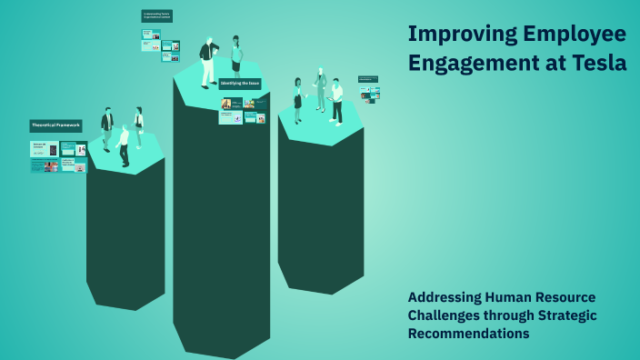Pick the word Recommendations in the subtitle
pos(468,334)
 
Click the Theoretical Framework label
pos(55,125)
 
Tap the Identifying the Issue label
pos(240,84)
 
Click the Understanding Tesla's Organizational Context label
pos(157,15)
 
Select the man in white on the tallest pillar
pos(208,62)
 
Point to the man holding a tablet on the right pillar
pos(336,100)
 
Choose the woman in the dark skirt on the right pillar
pos(297,100)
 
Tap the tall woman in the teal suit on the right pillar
pos(320,89)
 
